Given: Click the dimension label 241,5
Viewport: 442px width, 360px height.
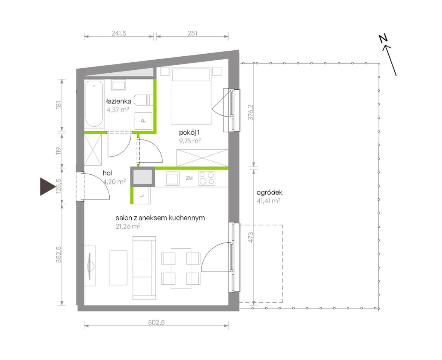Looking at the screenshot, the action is click(x=119, y=33).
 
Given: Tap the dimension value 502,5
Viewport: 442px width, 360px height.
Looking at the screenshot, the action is click(x=156, y=322).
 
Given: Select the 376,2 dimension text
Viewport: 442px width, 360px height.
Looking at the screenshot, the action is click(x=251, y=112).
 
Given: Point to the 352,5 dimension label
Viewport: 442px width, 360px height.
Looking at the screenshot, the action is click(x=59, y=254).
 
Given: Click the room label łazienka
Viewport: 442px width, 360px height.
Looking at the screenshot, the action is click(x=119, y=101).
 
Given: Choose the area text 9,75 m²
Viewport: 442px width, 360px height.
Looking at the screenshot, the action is click(x=190, y=141).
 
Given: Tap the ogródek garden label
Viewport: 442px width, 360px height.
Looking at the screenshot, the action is click(x=269, y=193).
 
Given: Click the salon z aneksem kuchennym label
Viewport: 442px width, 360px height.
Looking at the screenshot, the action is click(x=160, y=218).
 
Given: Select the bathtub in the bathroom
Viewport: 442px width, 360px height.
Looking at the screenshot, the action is click(x=94, y=104).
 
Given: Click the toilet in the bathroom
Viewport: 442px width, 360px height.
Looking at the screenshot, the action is click(x=143, y=100).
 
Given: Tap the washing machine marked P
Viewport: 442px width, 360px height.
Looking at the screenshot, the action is click(x=143, y=121).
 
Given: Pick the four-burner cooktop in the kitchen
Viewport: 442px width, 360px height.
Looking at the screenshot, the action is click(x=207, y=178).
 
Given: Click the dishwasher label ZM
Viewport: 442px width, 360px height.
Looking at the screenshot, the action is click(x=189, y=178).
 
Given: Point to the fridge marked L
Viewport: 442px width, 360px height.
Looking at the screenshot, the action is click(x=142, y=195).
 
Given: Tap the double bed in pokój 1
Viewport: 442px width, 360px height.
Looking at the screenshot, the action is click(x=191, y=96).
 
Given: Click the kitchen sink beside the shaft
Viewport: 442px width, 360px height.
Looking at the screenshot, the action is click(x=172, y=178).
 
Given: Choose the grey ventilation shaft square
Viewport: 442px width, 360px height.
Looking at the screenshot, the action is click(x=143, y=177).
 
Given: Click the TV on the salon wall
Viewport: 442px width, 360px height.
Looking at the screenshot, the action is click(x=90, y=266).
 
